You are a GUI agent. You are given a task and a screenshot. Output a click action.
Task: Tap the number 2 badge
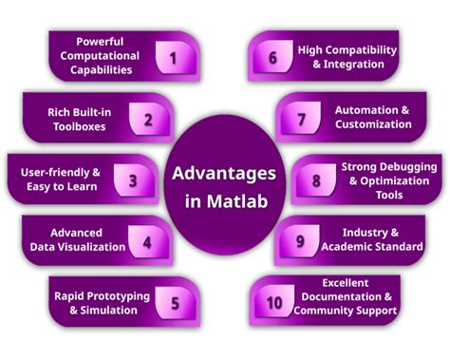coord(148,120)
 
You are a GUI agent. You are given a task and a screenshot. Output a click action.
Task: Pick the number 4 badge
coord(147,241)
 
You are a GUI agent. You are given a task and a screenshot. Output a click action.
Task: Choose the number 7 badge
coord(301,120)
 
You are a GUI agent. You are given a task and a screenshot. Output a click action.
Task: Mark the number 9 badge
coord(301,241)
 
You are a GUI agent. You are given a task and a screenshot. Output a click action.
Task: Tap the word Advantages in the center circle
coord(225,173)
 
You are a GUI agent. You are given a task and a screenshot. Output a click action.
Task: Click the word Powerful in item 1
coord(103,42)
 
